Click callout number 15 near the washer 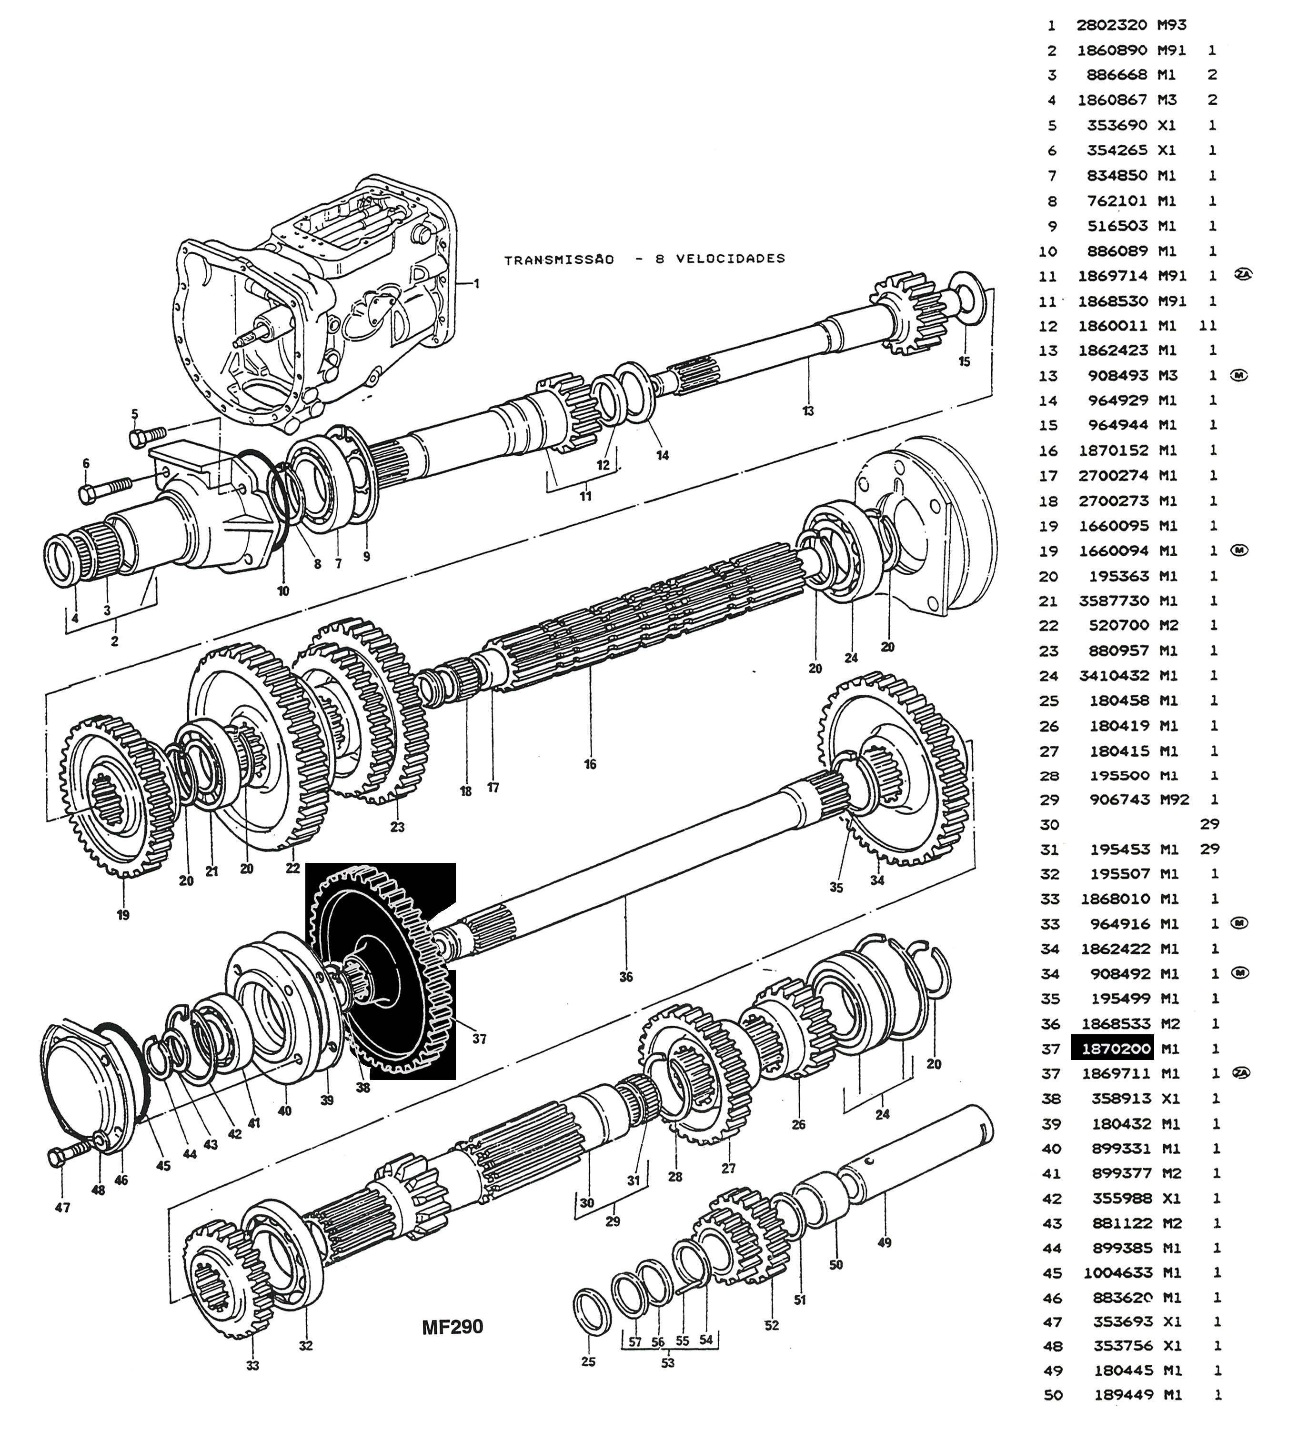pyautogui.click(x=964, y=361)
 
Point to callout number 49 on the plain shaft pyautogui.click(x=884, y=1242)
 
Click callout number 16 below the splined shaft pyautogui.click(x=590, y=764)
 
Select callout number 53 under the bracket pyautogui.click(x=667, y=1363)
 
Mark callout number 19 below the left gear pyautogui.click(x=123, y=915)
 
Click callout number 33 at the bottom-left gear pyautogui.click(x=252, y=1365)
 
